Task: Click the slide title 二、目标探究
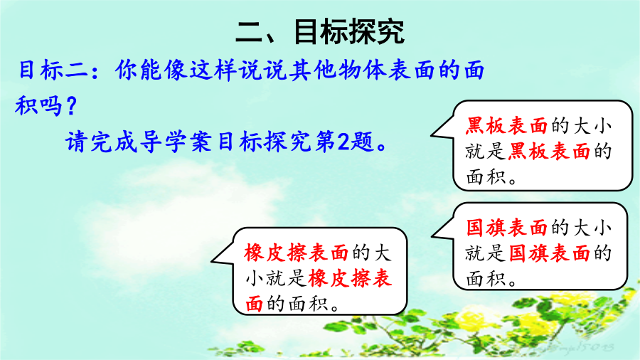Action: (x=320, y=31)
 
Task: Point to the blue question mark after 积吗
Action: (x=71, y=106)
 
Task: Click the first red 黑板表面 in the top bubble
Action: (x=506, y=126)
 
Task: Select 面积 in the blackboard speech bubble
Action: (x=486, y=176)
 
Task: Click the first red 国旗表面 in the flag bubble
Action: (x=506, y=228)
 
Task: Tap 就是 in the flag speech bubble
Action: (x=486, y=253)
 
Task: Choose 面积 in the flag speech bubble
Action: (x=486, y=279)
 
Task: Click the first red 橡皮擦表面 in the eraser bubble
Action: (x=297, y=253)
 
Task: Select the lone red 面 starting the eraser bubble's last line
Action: (x=254, y=304)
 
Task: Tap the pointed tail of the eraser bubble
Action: (x=212, y=260)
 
